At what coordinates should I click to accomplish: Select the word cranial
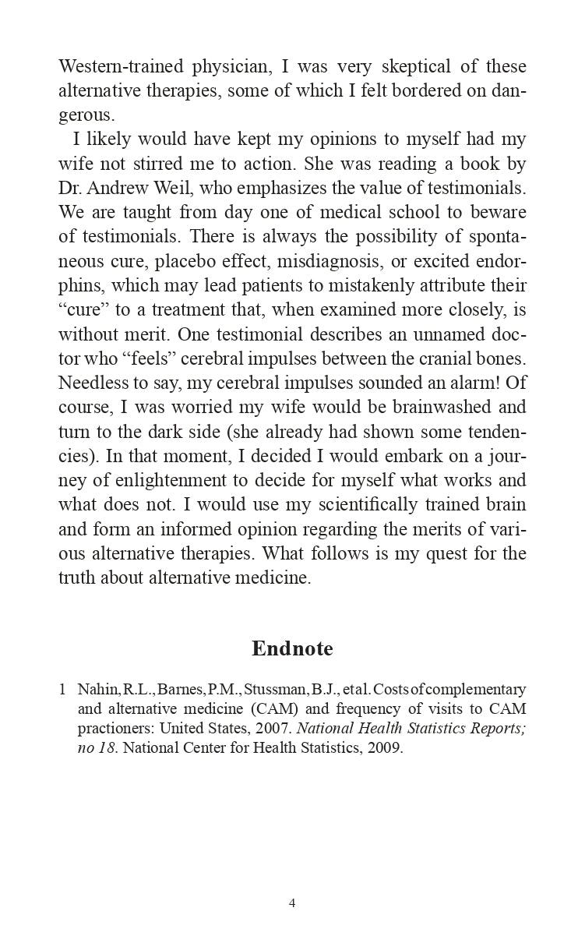coord(431,359)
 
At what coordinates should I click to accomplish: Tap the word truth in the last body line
coord(81,577)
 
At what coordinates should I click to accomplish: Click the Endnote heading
coord(292,648)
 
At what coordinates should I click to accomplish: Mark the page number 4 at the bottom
coord(292,903)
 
